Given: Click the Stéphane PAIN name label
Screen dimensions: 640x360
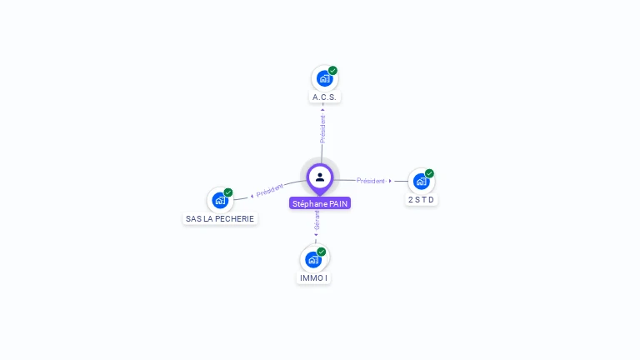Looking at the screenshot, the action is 320,203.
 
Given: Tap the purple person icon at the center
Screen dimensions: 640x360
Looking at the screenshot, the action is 320,177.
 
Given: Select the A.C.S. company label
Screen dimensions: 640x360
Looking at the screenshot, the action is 324,97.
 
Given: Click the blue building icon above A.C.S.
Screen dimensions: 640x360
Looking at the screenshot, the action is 324,78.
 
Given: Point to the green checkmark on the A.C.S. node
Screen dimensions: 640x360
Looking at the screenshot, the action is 332,71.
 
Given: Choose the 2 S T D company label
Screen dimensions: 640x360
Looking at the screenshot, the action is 422,200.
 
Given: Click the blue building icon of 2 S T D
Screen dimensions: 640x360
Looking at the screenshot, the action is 421,181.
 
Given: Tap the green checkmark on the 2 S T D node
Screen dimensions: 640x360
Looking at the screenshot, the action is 429,173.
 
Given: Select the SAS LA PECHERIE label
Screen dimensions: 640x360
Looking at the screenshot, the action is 220,218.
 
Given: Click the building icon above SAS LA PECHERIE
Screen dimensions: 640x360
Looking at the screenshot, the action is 220,200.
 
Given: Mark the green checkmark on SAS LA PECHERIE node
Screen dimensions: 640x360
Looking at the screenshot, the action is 228,192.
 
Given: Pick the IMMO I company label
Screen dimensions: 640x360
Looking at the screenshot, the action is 313,277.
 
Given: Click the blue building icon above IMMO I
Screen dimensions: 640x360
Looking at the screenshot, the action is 313,258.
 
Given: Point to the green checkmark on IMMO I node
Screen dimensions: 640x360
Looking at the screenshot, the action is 322,252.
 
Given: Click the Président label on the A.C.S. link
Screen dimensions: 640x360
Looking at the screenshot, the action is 322,128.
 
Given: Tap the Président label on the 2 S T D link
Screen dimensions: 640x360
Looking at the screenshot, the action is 371,181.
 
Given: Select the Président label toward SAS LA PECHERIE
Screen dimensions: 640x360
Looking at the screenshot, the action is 270,190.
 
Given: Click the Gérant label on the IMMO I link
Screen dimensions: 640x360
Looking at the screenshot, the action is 317,221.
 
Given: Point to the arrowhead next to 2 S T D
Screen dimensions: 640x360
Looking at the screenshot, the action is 390,181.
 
